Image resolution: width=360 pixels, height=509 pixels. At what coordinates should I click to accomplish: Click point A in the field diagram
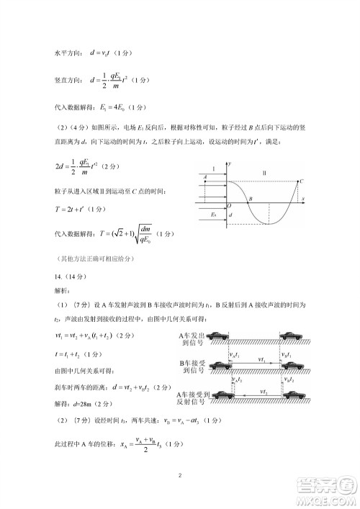[x=205, y=177]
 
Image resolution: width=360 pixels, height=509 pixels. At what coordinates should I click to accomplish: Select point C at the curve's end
[x=301, y=181]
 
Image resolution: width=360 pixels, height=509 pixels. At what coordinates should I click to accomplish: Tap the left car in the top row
[x=220, y=336]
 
